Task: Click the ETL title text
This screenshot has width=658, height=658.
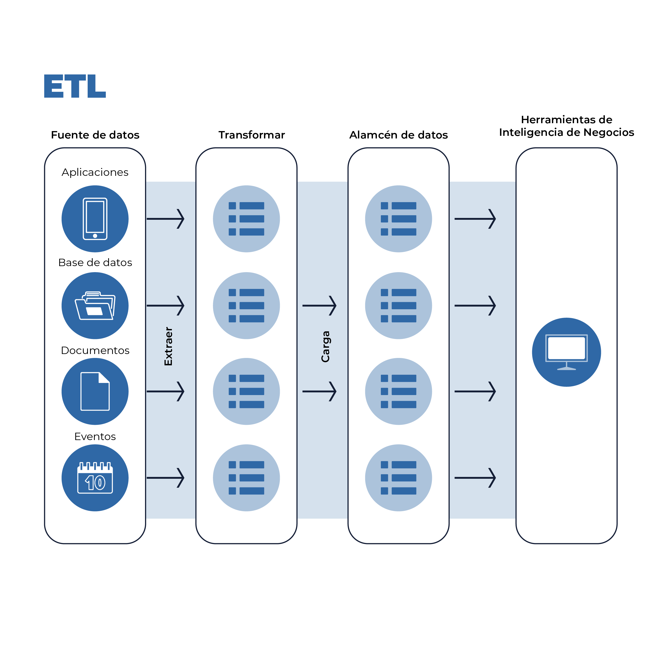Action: point(75,86)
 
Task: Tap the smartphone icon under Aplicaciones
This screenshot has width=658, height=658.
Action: point(95,219)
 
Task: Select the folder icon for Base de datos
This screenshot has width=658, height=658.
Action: point(95,306)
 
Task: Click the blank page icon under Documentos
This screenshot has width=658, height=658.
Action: point(95,391)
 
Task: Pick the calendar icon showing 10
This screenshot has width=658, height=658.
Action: point(95,478)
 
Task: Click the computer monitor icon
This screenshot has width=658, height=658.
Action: point(566,352)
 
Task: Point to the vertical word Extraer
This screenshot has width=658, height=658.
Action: point(168,346)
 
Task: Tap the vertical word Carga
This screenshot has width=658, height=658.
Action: point(326,346)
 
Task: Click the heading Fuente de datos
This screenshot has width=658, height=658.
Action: point(95,135)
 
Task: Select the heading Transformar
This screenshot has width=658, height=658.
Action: point(251,135)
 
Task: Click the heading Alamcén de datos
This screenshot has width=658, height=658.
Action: point(398,135)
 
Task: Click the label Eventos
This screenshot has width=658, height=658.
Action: point(95,436)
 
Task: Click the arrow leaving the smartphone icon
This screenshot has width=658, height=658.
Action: point(166,219)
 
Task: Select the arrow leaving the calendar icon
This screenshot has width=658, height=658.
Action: point(166,478)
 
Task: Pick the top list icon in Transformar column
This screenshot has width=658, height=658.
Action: point(246,219)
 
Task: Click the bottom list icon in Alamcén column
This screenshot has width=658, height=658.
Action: point(398,478)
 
